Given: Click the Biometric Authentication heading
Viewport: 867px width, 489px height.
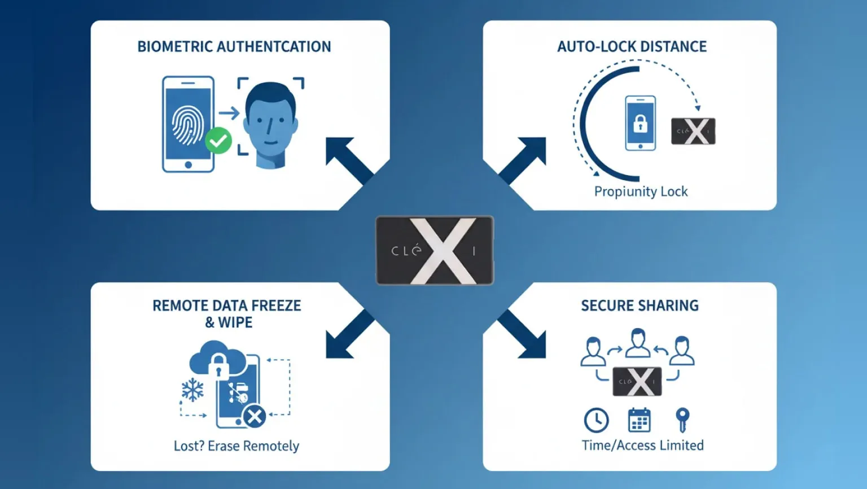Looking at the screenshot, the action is point(234,46).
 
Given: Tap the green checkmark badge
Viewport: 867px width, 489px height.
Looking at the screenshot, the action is point(218,141).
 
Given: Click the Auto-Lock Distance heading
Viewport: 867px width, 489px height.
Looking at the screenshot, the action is point(632,46).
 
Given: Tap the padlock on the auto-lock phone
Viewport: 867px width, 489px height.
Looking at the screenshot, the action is point(640,124).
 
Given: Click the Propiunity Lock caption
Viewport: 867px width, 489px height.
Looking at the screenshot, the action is point(641,191).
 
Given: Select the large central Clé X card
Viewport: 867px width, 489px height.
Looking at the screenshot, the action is point(435,251).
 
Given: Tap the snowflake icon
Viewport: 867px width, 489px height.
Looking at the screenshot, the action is point(192,390).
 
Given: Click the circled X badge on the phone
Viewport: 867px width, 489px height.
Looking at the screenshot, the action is point(255,417).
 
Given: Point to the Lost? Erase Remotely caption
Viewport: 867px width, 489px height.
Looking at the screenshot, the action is point(237,446).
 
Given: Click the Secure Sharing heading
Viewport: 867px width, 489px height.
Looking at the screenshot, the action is point(640,305).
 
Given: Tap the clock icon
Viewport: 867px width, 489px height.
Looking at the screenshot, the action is point(596,420).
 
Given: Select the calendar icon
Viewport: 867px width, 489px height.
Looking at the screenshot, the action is point(639,420).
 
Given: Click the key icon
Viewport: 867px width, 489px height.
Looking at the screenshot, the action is point(682,420).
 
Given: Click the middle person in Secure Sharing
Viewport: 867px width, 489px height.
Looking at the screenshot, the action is point(638,343).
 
